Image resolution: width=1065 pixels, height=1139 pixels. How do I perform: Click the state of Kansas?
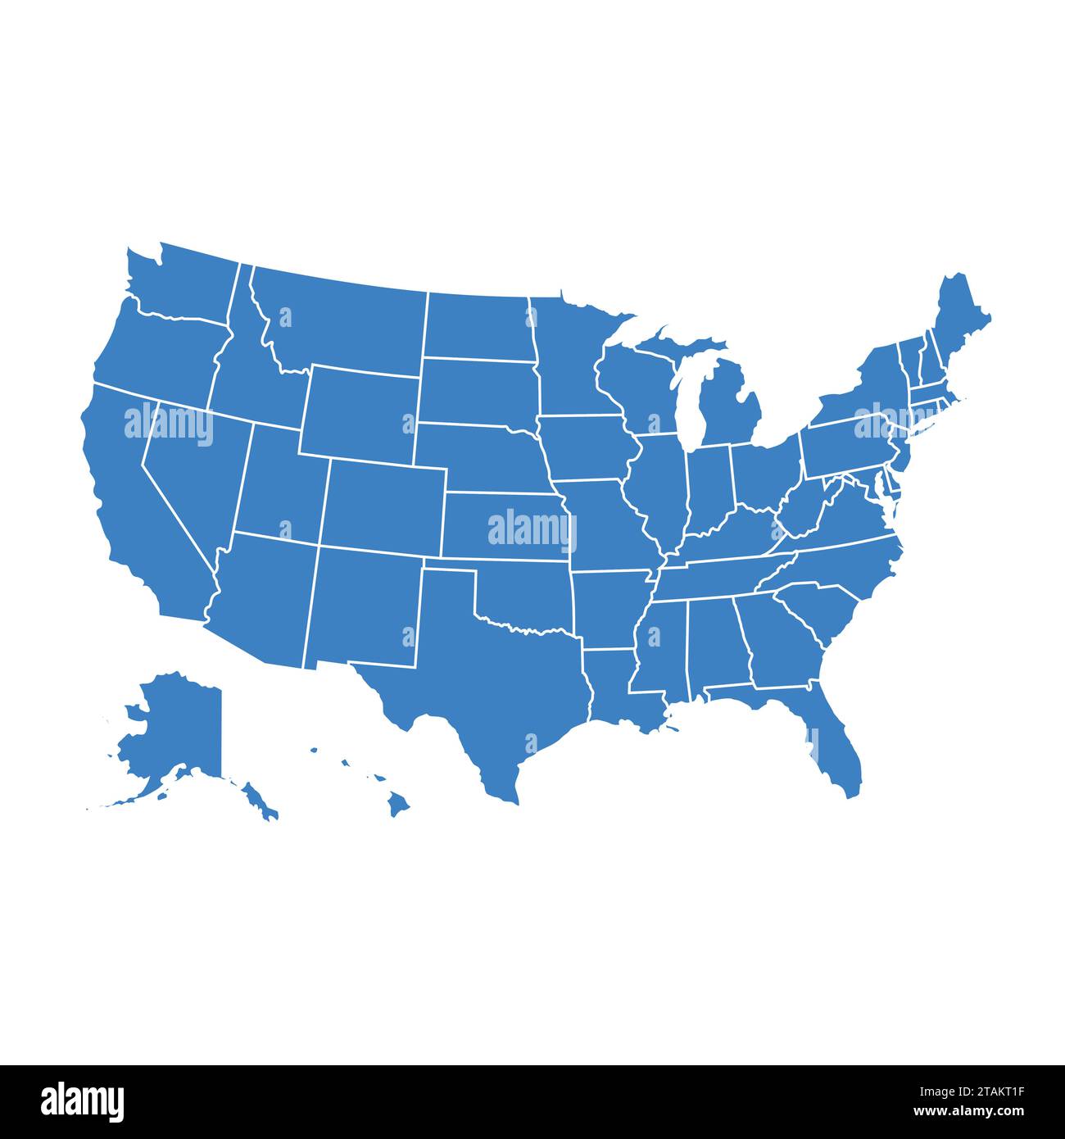tap(504, 524)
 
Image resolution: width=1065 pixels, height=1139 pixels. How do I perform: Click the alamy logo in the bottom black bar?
tap(82, 1101)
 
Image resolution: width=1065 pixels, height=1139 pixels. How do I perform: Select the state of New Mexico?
tap(365, 606)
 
